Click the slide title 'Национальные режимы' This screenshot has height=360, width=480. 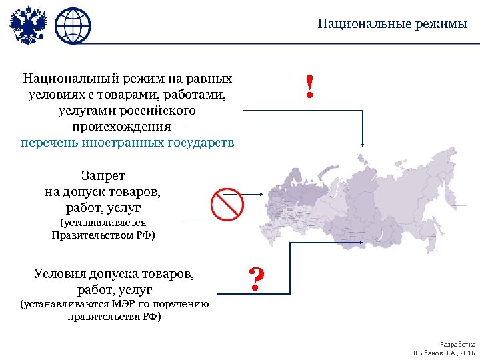(x=392, y=25)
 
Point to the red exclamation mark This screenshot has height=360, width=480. (x=309, y=87)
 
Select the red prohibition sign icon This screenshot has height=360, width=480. (x=227, y=203)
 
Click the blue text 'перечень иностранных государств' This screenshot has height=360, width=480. (x=127, y=143)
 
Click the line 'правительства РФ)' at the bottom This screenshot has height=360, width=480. (x=114, y=317)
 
